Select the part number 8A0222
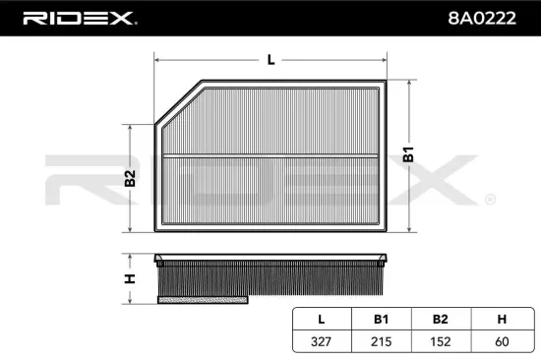click(484, 18)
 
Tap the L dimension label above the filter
click(270, 60)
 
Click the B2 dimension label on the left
click(129, 179)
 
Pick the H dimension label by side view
click(129, 278)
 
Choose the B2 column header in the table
click(440, 319)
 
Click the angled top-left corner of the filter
click(177, 104)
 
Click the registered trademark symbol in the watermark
click(489, 200)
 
